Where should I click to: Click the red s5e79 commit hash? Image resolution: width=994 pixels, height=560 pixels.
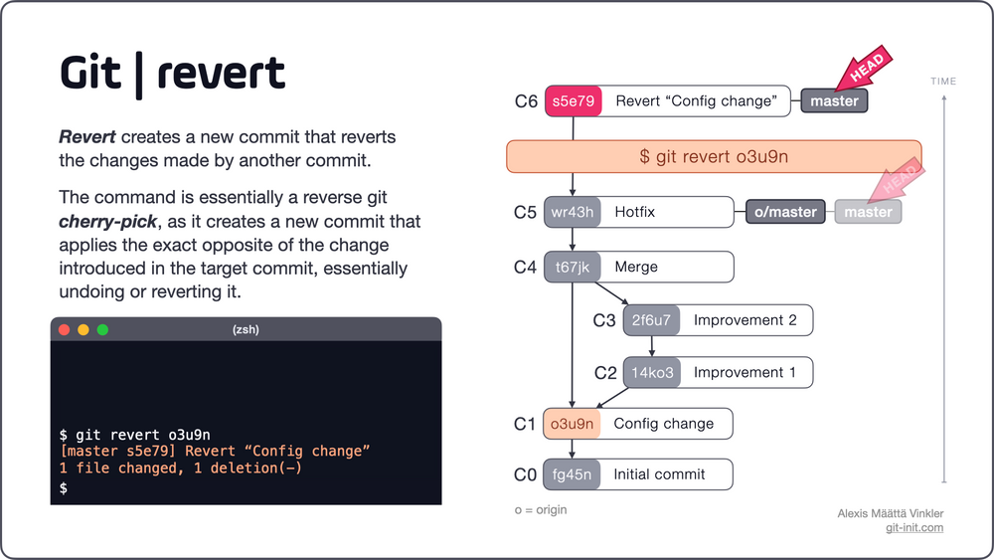574,100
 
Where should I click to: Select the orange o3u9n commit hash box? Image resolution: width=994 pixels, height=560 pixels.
573,424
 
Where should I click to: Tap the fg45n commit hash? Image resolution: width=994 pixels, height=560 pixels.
573,474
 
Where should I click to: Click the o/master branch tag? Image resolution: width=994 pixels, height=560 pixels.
786,212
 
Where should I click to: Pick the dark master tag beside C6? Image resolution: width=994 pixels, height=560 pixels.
834,100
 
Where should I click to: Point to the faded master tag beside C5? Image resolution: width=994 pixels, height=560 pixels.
868,212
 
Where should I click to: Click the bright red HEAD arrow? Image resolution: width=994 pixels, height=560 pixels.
862,71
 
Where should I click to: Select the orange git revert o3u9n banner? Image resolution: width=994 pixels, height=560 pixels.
714,156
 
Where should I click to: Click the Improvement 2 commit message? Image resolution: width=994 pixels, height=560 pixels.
745,320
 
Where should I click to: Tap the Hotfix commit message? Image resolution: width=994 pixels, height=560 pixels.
634,212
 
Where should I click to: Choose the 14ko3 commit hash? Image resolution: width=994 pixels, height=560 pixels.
652,373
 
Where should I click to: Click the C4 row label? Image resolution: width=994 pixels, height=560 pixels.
525,268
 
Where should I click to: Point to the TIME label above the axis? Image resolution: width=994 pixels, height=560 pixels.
943,82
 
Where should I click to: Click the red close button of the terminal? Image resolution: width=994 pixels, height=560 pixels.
65,329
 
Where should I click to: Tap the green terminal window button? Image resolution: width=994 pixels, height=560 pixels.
102,329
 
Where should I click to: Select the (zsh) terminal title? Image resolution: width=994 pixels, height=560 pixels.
246,329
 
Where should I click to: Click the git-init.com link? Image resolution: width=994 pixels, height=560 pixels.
913,527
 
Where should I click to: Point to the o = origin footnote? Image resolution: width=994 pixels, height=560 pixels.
540,509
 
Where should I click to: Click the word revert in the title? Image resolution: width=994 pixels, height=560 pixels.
221,73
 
